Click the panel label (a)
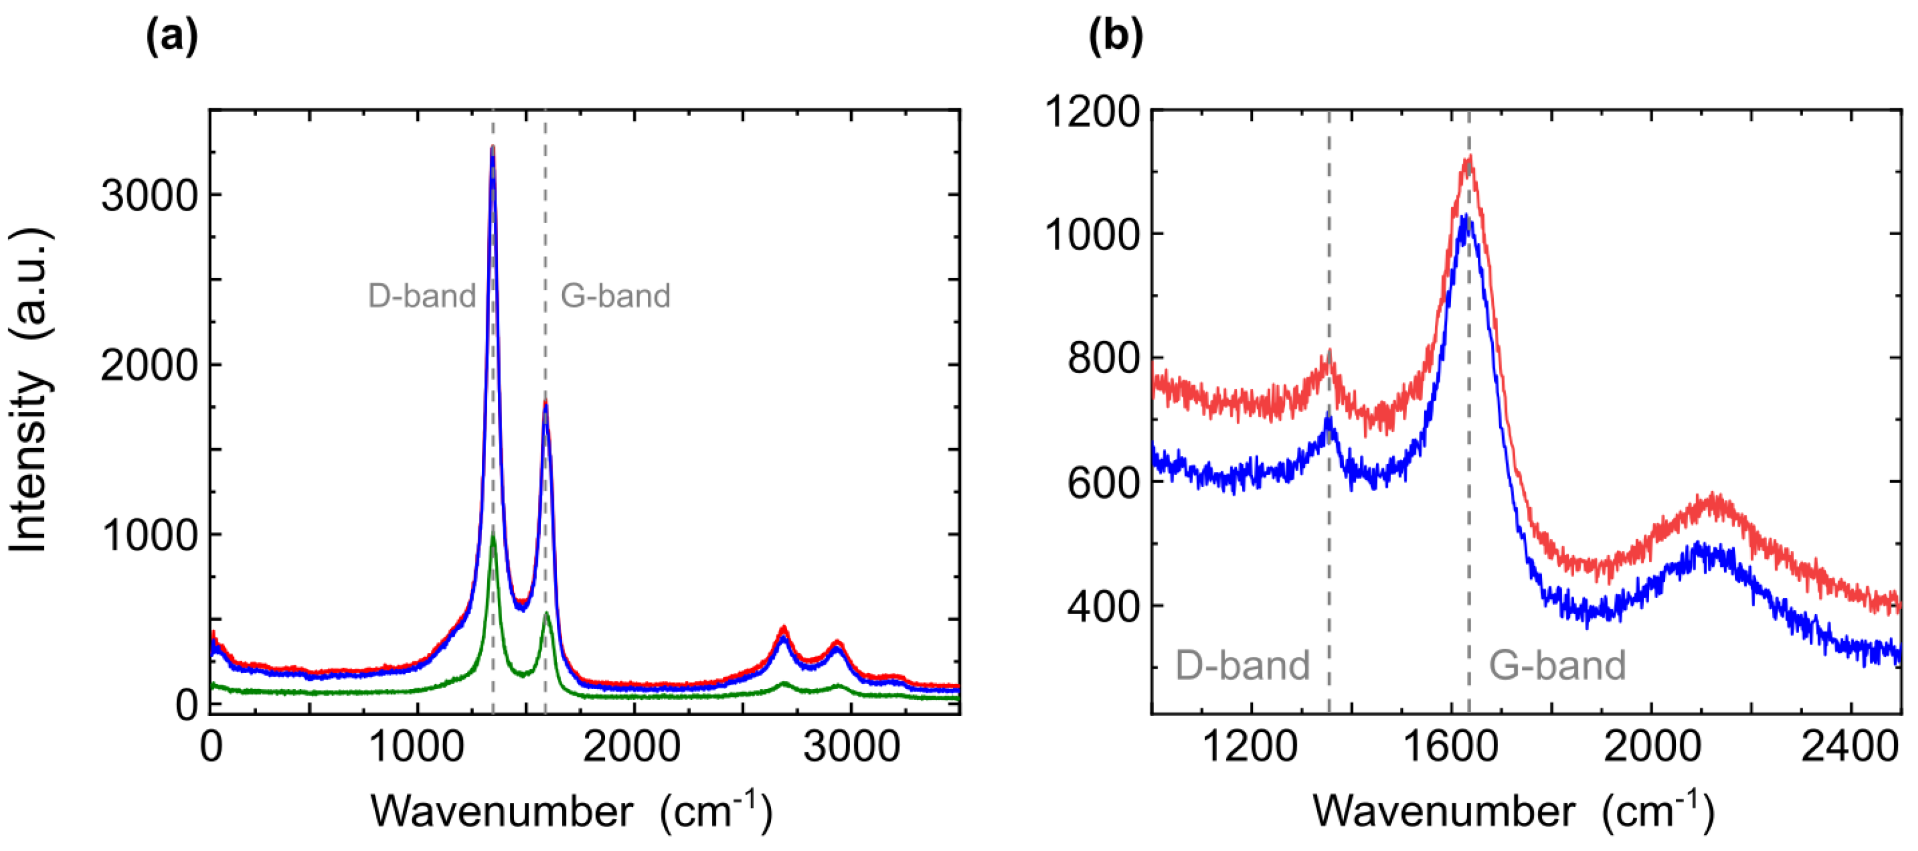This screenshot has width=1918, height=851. (172, 36)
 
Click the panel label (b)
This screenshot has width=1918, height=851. (1115, 36)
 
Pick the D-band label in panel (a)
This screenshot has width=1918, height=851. (421, 296)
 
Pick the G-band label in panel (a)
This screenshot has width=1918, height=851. (615, 296)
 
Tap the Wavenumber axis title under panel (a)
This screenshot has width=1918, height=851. (571, 810)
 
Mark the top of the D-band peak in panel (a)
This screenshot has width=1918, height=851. (492, 148)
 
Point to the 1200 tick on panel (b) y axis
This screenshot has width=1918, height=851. (1092, 112)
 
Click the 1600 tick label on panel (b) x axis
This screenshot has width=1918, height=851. (1450, 747)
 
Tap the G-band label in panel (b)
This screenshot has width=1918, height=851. (1557, 665)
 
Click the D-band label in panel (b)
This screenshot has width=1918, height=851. (1242, 665)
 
